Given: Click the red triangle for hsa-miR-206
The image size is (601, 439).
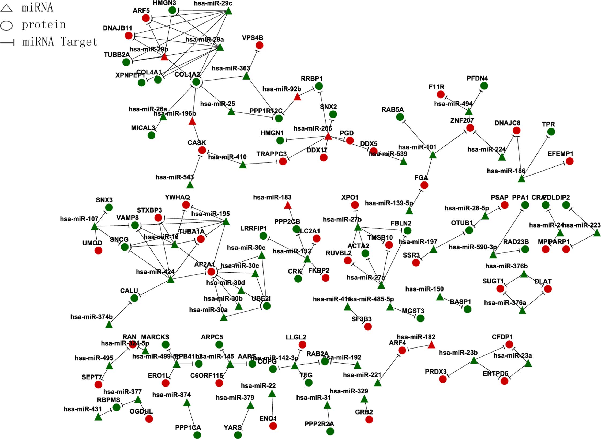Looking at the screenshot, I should tap(328, 137).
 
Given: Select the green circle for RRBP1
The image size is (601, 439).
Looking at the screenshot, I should tap(319, 86).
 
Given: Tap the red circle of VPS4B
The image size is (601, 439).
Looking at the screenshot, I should tap(259, 45).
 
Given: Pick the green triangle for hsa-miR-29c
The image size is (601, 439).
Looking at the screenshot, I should tap(228, 11).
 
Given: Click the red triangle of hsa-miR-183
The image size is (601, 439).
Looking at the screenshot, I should tap(288, 205).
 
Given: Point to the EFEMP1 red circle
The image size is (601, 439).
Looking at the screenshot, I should tap(569, 161).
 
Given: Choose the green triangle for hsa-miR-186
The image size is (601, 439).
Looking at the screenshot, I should tap(521, 179).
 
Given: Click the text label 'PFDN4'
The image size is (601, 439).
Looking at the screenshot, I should tap(477, 78).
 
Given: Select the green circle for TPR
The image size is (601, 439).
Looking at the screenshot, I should tap(551, 132).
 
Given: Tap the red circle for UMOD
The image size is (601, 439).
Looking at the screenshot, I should tap(98, 251).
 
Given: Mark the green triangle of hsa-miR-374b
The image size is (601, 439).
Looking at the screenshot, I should tap(109, 325).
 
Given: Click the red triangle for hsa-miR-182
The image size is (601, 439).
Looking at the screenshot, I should tap(431, 345).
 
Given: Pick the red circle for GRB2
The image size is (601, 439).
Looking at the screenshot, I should tap(369, 419).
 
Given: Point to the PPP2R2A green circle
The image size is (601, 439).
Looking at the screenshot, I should tap(330, 431).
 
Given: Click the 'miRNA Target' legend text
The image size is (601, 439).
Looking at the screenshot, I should tap(60, 42).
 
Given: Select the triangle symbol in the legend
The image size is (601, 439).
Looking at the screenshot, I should tap(6, 8).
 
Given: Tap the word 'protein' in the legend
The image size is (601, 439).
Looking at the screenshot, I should tap(44, 25).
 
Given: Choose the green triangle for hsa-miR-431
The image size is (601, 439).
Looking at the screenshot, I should tap(98, 417).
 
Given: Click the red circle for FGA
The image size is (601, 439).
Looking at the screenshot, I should tap(424, 185).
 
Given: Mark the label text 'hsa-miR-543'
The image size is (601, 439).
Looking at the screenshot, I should tap(174, 177).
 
